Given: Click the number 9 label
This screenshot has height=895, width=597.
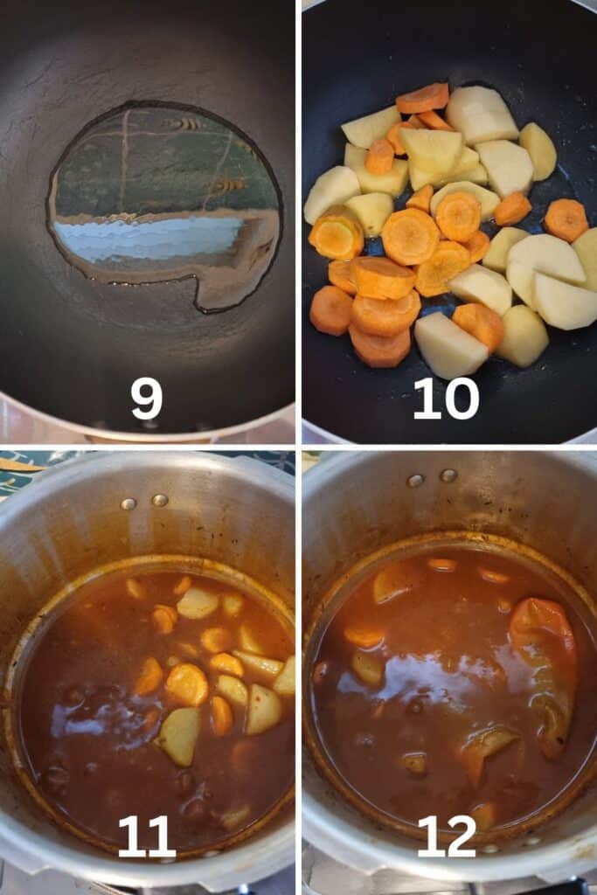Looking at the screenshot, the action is [146, 399].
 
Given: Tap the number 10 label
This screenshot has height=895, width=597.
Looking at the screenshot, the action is [446, 399].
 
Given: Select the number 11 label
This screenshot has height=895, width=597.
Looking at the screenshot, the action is [146, 836].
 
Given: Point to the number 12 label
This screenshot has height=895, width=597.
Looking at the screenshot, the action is [447, 836].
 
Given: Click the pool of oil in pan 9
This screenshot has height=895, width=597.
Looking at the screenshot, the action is [165, 205].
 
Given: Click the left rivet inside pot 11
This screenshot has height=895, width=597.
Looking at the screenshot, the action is [129, 504].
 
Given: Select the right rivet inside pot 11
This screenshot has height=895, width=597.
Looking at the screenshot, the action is [160, 501].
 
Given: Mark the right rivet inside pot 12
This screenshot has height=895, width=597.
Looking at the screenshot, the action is [448, 475].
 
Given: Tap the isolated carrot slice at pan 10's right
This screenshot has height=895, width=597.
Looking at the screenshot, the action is [566, 219].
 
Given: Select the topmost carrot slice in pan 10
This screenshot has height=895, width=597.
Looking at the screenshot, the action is [423, 98].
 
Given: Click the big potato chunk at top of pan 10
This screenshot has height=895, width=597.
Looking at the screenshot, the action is [482, 114].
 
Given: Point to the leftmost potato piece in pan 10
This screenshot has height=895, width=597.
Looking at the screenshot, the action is [331, 194].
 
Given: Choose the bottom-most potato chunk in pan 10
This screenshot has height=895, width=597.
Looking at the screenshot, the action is [451, 345].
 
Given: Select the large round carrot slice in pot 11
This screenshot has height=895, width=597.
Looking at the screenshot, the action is [187, 684].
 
